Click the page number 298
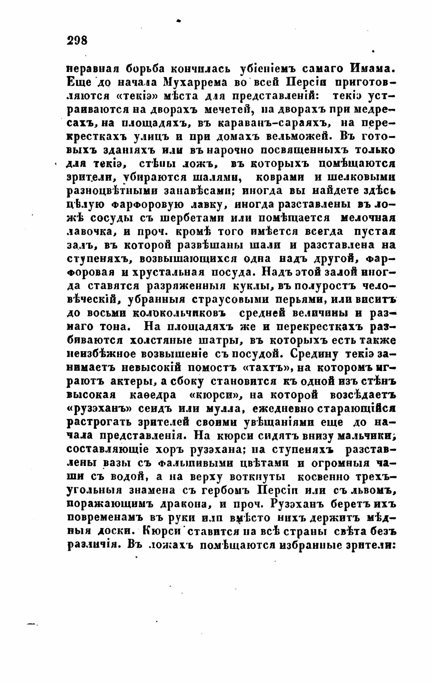click(77, 40)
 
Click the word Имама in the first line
click(374, 69)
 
